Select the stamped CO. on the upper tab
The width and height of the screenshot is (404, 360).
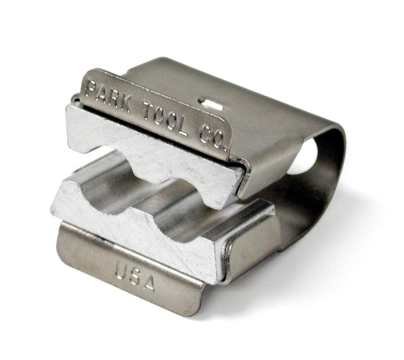click(x=211, y=136)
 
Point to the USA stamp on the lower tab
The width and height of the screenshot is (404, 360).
click(x=135, y=273)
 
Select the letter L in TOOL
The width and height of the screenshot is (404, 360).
click(x=183, y=126)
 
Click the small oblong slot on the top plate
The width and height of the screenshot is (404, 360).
click(x=211, y=104)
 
